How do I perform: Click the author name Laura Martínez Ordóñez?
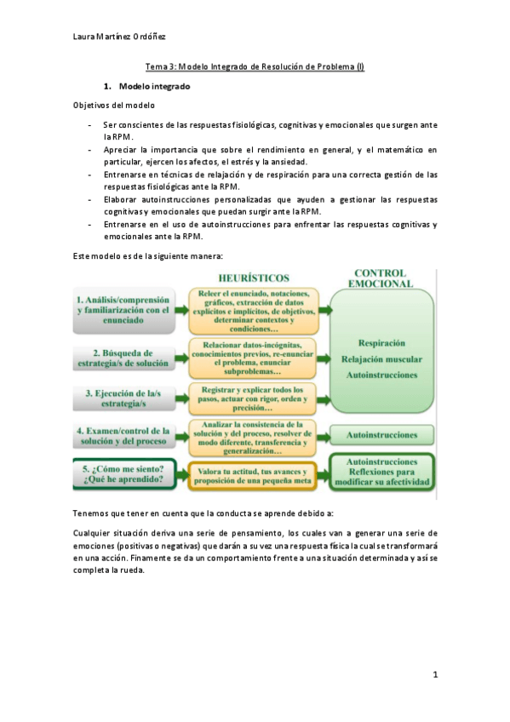[x=119, y=36]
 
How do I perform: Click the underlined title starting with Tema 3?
[x=255, y=68]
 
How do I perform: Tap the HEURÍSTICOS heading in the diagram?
[x=253, y=278]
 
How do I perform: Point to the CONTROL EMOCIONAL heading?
[x=382, y=278]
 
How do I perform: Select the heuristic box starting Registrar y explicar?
[x=255, y=398]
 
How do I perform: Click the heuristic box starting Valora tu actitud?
[x=255, y=474]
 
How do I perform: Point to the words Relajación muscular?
[x=381, y=358]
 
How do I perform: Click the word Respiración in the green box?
[x=381, y=341]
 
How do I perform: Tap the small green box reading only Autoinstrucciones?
[x=381, y=435]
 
